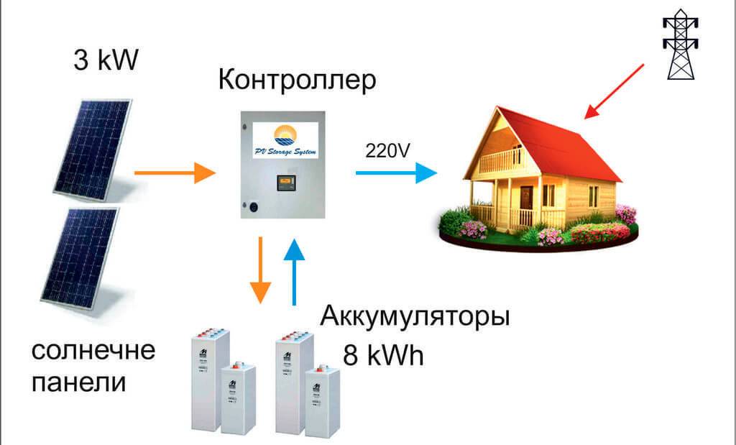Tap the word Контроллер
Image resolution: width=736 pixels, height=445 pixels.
click(x=296, y=80)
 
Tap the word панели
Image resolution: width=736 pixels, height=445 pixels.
click(x=80, y=382)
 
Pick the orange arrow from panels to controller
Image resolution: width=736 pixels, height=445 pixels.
click(x=175, y=173)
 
